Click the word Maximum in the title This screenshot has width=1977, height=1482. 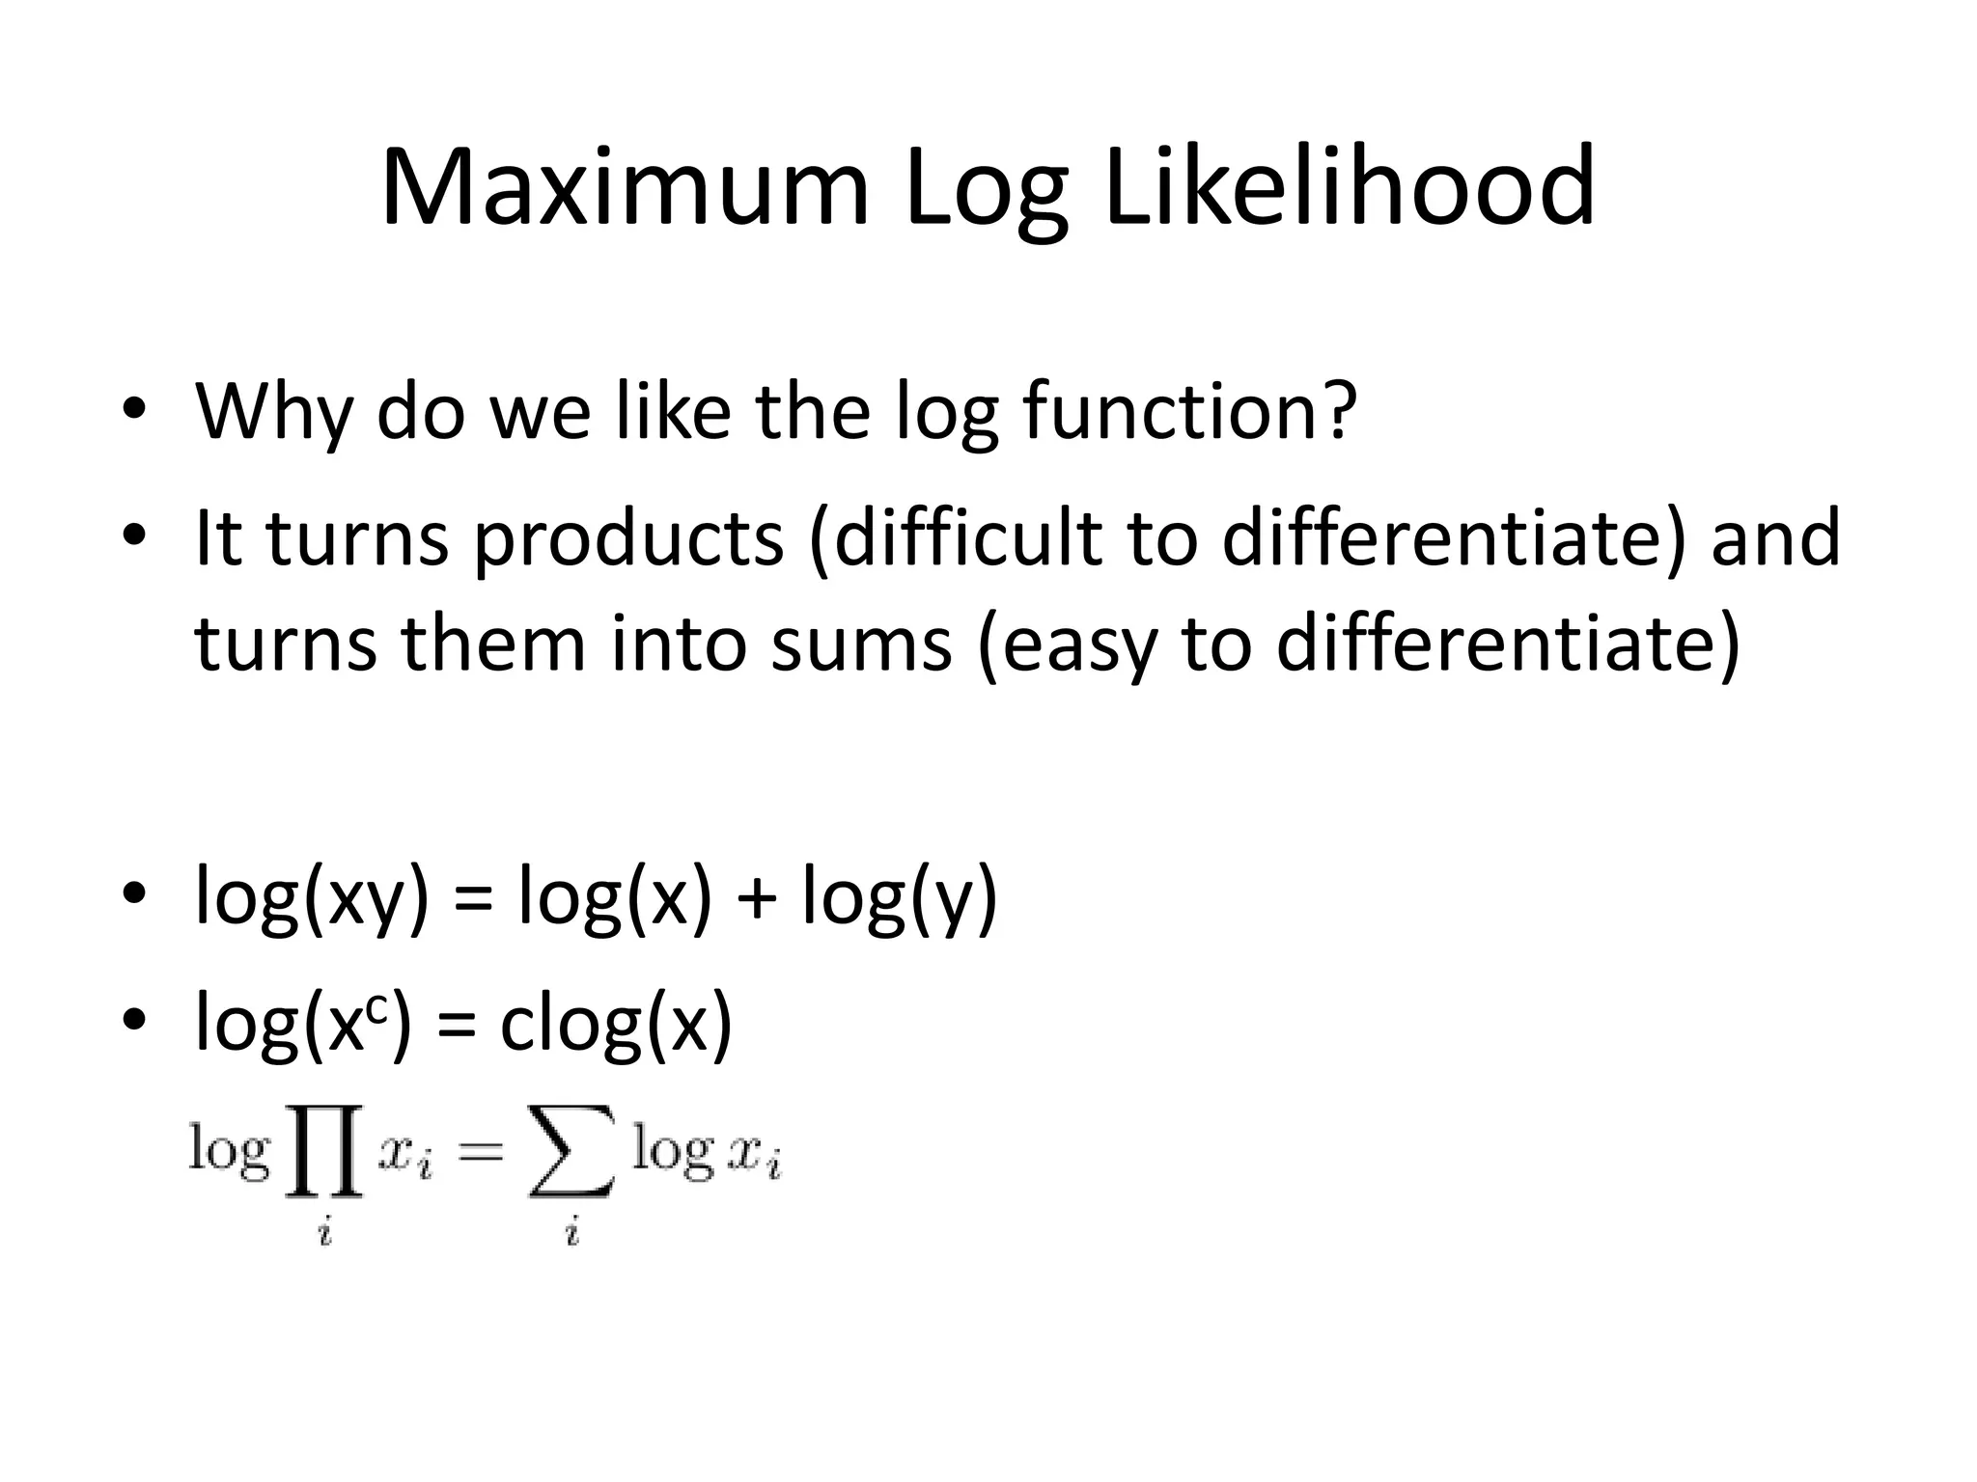[x=626, y=188]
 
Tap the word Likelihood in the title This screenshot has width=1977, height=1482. [x=1349, y=188]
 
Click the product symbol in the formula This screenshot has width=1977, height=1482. [x=323, y=1154]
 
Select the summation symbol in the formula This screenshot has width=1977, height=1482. [x=571, y=1154]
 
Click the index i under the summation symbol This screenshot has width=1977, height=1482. [x=572, y=1231]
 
